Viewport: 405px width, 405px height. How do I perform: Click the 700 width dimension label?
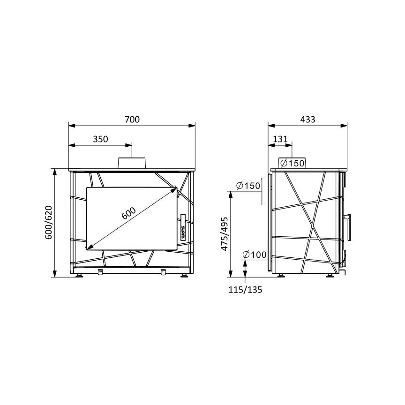(132, 120)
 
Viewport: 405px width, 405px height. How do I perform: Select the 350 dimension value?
(100, 139)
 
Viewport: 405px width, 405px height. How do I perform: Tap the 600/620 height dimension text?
(49, 222)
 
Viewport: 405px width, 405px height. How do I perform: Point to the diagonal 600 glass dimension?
(128, 213)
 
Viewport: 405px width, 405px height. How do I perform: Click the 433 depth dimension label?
(308, 120)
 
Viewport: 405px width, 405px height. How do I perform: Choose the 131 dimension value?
(280, 139)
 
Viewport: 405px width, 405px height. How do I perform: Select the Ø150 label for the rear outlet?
(248, 186)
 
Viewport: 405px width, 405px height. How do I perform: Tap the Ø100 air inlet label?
(255, 255)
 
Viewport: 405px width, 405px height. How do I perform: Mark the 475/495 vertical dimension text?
(225, 234)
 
